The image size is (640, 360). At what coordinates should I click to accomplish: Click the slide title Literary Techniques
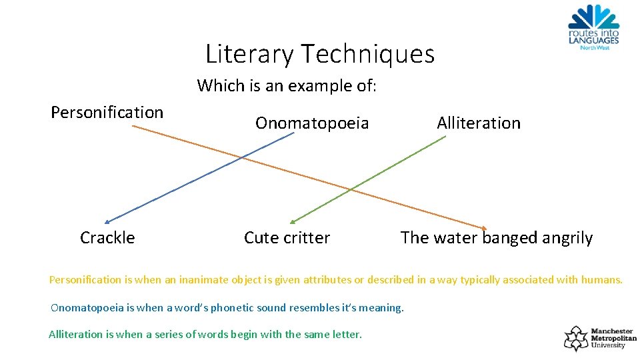pyautogui.click(x=320, y=53)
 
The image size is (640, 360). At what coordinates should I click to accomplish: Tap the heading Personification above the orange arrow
pyautogui.click(x=107, y=112)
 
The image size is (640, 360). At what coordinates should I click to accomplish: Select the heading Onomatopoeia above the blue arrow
pyautogui.click(x=312, y=123)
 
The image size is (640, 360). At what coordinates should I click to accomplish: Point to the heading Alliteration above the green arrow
pyautogui.click(x=479, y=123)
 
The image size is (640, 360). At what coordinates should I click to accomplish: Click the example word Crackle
pyautogui.click(x=107, y=237)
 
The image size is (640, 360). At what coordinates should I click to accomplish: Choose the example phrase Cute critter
pyautogui.click(x=287, y=237)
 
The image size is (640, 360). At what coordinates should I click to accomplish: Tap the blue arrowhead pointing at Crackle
pyautogui.click(x=107, y=222)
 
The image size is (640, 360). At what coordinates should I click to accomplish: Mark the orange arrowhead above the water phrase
pyautogui.click(x=485, y=227)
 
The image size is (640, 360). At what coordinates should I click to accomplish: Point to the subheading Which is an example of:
pyautogui.click(x=287, y=85)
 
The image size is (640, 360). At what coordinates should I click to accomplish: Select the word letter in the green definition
pyautogui.click(x=347, y=334)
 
